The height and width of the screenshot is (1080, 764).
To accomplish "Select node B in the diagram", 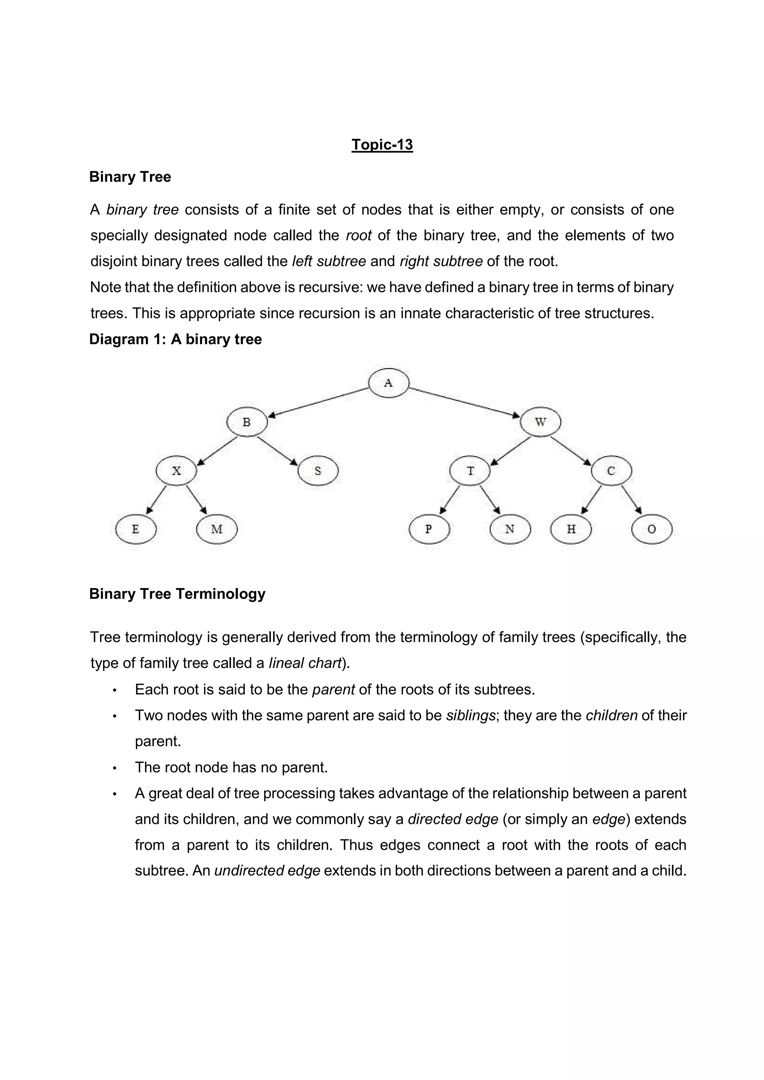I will [247, 422].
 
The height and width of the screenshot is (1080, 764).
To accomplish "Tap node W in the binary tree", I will [540, 422].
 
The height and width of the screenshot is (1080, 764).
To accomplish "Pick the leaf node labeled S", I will [318, 470].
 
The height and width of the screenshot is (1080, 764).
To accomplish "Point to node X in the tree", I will [176, 470].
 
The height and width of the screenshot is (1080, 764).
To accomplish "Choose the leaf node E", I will [135, 529].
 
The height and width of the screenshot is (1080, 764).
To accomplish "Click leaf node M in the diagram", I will [217, 529].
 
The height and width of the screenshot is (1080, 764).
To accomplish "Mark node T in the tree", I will [470, 470].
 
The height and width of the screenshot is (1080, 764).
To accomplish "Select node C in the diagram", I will [611, 470].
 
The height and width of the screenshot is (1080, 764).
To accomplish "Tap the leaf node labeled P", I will [429, 529].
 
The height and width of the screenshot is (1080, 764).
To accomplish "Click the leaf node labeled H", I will [571, 529].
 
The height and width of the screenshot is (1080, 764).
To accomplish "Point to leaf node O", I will [652, 529].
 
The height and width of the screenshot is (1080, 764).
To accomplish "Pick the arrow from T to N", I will [490, 500].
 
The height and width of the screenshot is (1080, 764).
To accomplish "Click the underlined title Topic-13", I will [382, 144].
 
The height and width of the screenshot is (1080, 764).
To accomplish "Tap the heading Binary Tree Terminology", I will [177, 594].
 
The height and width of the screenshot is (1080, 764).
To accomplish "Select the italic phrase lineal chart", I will [305, 663].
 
